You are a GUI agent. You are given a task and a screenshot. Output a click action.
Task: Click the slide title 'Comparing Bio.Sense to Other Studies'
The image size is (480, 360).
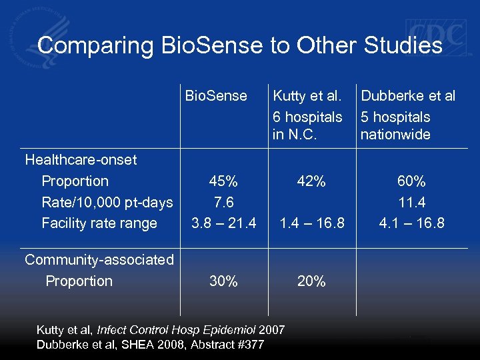(240, 45)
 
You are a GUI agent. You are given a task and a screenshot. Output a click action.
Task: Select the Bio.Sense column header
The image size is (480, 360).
(216, 96)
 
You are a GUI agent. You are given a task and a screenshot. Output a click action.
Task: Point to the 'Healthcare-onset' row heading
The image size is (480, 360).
(81, 160)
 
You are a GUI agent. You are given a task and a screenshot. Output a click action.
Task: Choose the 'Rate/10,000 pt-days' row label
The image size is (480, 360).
(107, 202)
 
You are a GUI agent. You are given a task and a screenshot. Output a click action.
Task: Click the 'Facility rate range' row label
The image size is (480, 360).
(99, 223)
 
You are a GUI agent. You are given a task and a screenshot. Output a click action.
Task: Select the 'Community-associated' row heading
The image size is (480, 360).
(99, 260)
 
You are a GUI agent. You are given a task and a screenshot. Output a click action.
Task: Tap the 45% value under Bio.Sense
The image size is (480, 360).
(223, 181)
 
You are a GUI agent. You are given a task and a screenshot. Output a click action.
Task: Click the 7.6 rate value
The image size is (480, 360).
(223, 202)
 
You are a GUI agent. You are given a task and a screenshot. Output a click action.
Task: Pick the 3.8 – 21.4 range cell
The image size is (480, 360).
(223, 223)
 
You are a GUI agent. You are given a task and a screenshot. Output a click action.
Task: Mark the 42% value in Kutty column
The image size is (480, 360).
(311, 181)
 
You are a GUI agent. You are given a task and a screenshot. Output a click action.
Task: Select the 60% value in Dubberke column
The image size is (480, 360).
(411, 181)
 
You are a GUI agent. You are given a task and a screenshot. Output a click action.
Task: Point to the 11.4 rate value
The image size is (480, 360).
(411, 202)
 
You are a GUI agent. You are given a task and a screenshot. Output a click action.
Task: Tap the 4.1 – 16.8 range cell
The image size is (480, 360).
(411, 223)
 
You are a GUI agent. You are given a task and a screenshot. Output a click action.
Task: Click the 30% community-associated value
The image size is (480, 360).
(223, 281)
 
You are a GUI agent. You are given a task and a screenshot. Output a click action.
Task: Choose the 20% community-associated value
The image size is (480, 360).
(311, 281)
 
